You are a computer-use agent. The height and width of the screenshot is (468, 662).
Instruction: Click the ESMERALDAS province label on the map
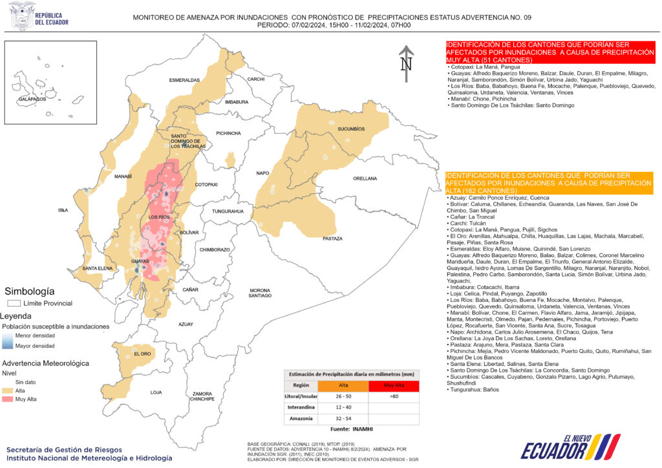[185, 80]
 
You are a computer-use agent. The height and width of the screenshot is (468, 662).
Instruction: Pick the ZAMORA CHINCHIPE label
[202, 396]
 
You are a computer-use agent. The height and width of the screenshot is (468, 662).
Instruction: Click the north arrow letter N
[406, 64]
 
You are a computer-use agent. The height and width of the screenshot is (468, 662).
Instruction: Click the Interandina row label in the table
[302, 407]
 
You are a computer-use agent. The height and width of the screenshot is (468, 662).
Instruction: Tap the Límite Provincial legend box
[13, 303]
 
